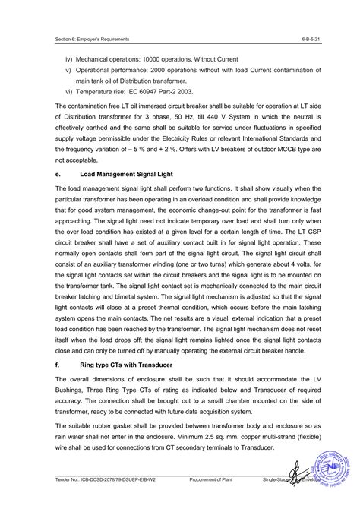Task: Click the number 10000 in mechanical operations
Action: tap(163, 59)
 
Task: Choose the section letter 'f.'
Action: tap(58, 365)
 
